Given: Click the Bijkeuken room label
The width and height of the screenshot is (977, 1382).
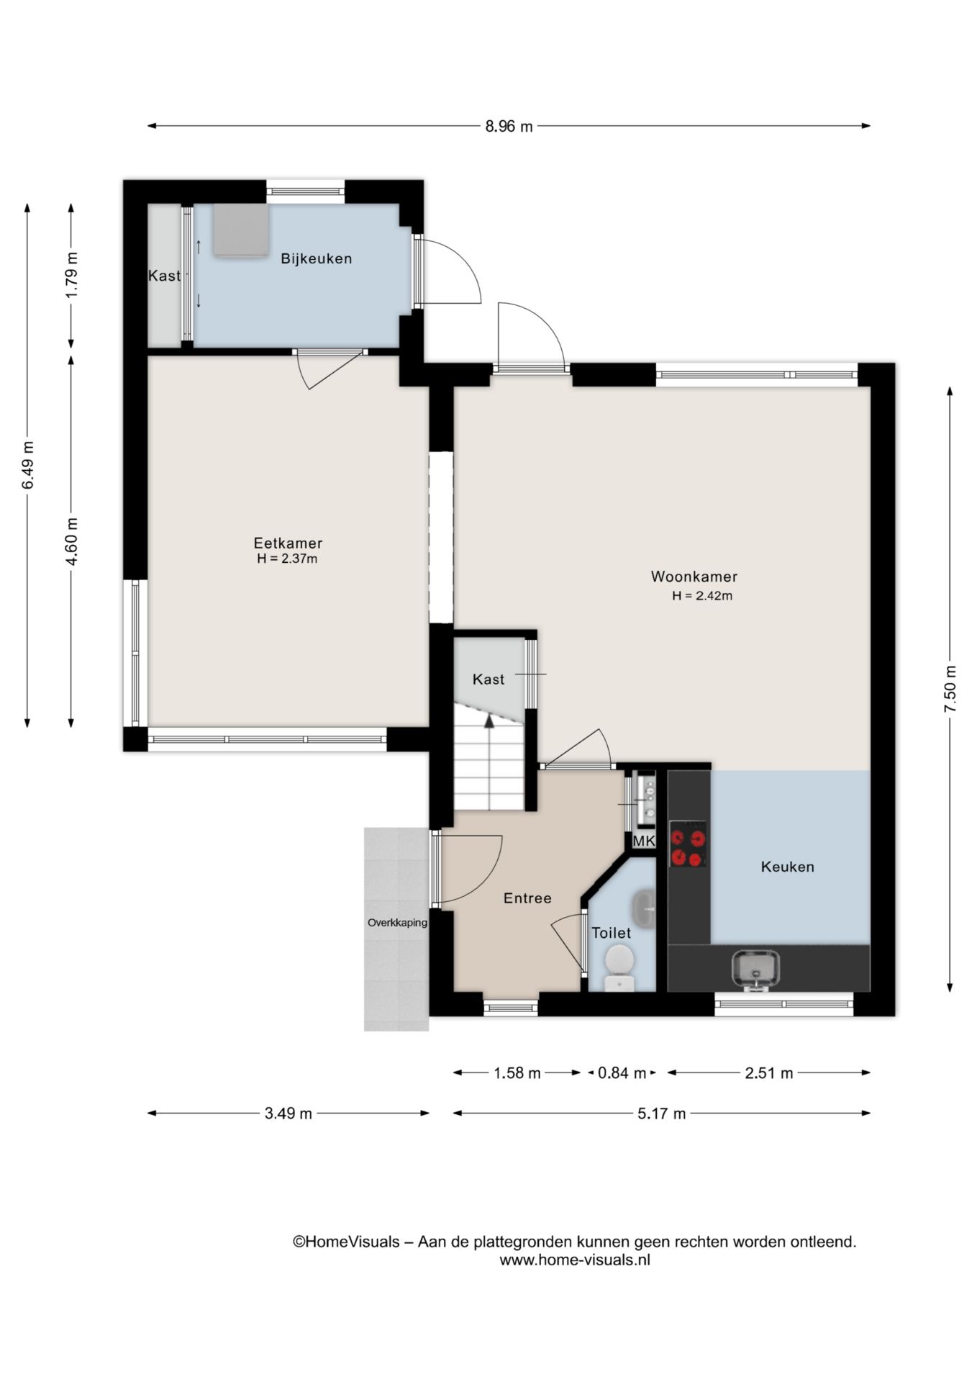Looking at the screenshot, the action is point(317,259).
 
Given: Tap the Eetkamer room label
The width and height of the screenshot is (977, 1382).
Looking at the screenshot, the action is point(288,543).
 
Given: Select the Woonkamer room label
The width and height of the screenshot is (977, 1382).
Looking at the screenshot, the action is point(694,577).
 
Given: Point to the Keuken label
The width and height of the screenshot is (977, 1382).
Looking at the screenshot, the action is point(788,867).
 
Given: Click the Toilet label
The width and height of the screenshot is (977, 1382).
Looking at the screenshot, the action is point(612,933).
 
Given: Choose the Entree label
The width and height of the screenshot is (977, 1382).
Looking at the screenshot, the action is point(527,898).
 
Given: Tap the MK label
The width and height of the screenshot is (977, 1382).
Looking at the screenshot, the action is point(644,841).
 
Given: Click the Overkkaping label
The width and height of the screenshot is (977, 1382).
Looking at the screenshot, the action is point(397,923).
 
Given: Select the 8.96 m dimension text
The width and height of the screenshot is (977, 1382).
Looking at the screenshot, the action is point(509,127).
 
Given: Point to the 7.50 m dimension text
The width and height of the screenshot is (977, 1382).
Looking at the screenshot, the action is point(950,690).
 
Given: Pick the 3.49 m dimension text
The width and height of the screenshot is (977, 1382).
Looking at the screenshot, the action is point(288,1114).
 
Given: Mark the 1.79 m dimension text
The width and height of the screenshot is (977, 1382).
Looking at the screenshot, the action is point(71,276).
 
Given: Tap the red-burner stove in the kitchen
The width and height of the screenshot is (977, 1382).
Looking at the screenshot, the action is point(688,844).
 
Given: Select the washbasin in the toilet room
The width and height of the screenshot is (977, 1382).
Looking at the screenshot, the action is point(645,908).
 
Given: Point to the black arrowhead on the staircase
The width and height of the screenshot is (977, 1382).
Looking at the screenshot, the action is point(488,721).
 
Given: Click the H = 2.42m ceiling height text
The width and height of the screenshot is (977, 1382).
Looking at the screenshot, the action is point(702,596).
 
